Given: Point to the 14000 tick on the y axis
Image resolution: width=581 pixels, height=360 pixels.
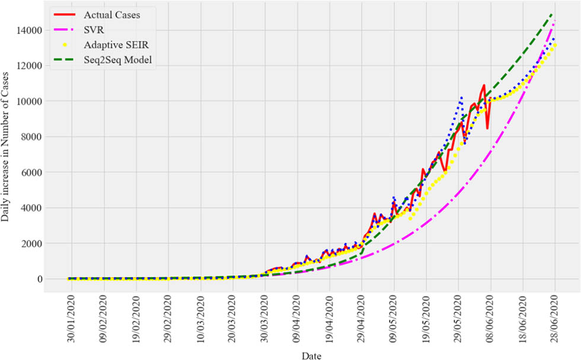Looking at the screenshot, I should (x=28, y=30).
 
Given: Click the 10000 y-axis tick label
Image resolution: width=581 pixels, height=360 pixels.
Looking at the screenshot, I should (x=28, y=101).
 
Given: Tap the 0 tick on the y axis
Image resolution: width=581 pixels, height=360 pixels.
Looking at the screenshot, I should (x=39, y=279).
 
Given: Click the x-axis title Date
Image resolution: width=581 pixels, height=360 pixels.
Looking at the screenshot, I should (x=311, y=353).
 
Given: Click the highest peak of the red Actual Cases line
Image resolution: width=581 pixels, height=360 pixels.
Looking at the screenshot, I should (x=484, y=85).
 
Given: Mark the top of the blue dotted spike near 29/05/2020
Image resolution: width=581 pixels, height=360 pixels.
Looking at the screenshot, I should (x=461, y=97).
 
